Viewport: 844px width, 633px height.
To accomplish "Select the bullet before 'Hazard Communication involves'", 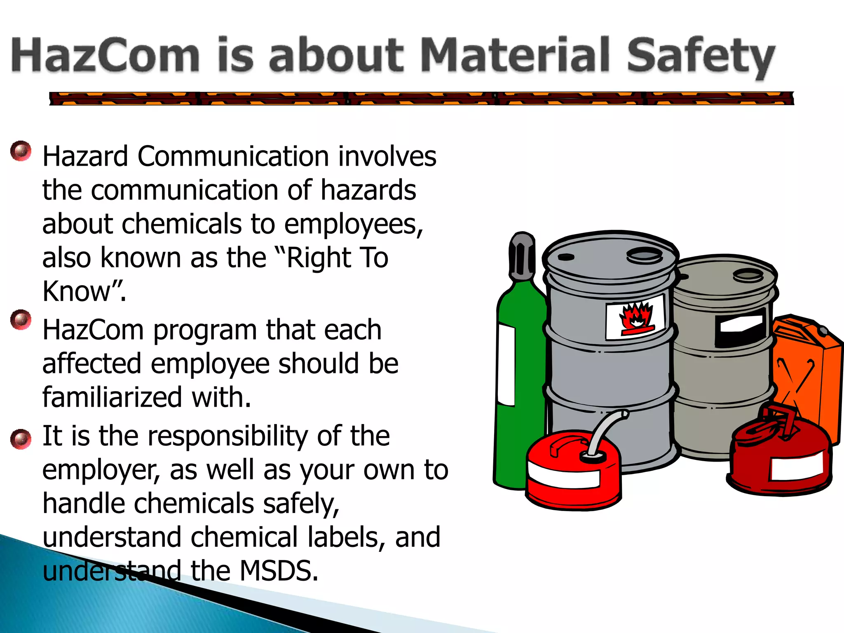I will (x=21, y=151).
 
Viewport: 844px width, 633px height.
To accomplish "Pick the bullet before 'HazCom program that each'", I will (x=21, y=320).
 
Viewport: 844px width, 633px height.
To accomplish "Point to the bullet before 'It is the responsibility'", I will (x=21, y=438).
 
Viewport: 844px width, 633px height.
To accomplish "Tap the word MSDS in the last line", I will (x=279, y=571).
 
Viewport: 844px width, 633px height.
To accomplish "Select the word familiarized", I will (x=112, y=397).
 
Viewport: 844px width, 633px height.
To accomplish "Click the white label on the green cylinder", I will (x=506, y=365).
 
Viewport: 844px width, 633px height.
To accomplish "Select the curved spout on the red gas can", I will (x=606, y=431).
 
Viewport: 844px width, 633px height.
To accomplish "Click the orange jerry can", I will (x=808, y=371).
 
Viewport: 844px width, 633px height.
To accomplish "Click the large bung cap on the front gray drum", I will (x=645, y=256).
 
